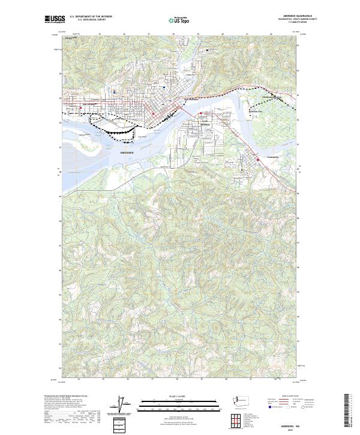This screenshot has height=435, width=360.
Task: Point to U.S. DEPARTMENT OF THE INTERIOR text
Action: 92,17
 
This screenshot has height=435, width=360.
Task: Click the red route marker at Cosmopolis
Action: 258,158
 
